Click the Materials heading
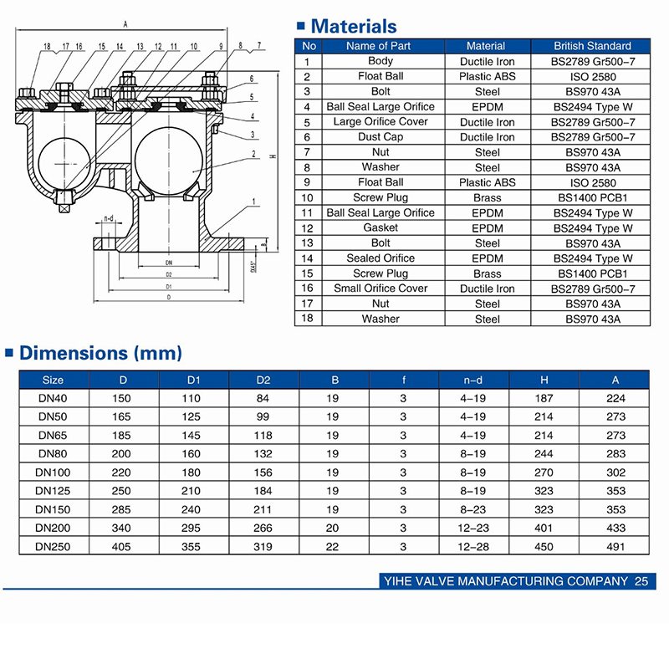pos(354,27)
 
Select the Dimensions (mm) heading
pos(100,353)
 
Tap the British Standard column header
pos(593,46)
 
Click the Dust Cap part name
pos(380,137)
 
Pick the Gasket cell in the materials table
pos(380,228)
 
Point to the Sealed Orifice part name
pos(380,258)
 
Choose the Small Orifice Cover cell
pos(380,289)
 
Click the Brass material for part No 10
pos(486,198)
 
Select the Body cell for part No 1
pos(380,61)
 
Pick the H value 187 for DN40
pos(544,399)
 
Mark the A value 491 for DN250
pos(615,546)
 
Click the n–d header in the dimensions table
pos(472,380)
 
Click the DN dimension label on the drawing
pos(169,262)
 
